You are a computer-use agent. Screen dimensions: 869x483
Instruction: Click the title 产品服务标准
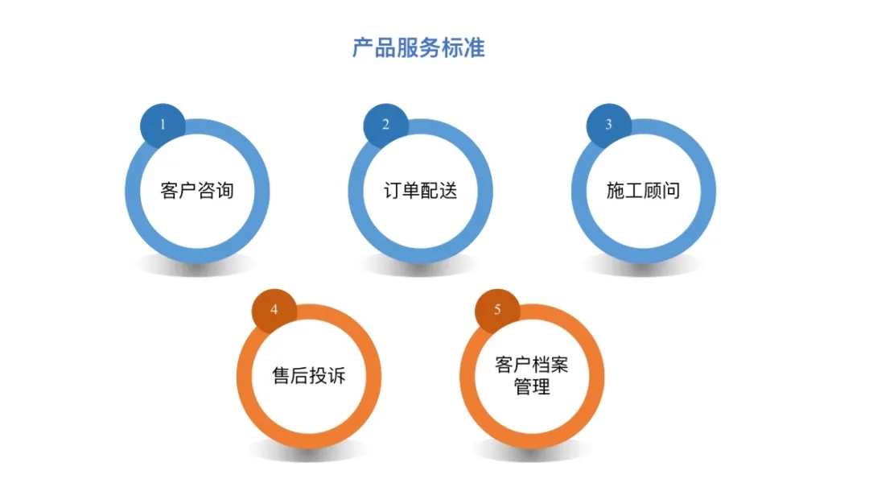coord(418,47)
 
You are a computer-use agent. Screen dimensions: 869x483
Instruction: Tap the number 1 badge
coord(163,126)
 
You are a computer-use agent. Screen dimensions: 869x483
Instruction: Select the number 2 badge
coord(385,126)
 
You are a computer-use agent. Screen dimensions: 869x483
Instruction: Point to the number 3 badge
coord(608,126)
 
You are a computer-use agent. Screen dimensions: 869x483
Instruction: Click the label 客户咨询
coord(197,191)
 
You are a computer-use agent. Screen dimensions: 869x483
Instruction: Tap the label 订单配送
coord(421,191)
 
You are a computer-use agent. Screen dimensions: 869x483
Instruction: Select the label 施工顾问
coord(644,191)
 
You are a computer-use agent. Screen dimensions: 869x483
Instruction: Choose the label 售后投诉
coord(309,376)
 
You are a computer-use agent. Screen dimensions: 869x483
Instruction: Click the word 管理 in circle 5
coord(532,386)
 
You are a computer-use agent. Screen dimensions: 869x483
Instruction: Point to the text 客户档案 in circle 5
coord(532,365)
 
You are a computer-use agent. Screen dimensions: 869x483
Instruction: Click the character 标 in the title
coord(451,47)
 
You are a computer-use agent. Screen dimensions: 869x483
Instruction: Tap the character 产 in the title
coord(363,47)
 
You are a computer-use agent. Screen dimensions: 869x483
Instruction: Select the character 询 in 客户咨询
coord(225,191)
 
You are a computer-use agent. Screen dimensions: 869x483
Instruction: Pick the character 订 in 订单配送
coord(393,191)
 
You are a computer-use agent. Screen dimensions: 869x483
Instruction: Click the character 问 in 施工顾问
coord(671,191)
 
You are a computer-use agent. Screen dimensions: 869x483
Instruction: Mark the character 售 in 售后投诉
coord(282,376)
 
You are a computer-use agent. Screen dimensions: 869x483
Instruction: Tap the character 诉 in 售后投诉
coord(337,376)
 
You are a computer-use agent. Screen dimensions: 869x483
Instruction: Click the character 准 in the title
coord(474,47)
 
